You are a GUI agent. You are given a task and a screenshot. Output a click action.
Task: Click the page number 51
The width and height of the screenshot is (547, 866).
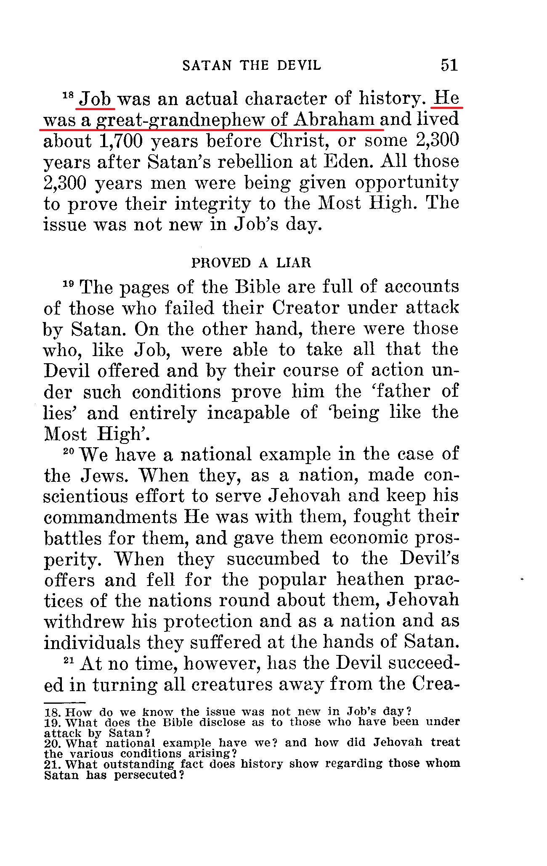pos(449,65)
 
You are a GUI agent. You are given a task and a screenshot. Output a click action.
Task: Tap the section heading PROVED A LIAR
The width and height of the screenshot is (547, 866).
pos(251,263)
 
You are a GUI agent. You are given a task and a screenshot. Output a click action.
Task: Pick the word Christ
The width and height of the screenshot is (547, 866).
pos(299,141)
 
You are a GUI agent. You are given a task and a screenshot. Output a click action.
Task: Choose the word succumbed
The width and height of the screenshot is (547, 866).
pos(273,559)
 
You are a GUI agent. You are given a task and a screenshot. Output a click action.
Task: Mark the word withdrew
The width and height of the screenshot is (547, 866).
pos(84,622)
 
